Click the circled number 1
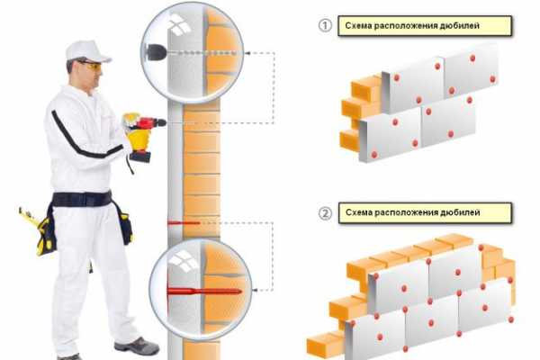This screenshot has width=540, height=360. coord(324,26)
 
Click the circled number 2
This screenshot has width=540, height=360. coord(325,213)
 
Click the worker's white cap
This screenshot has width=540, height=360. coord(87,51)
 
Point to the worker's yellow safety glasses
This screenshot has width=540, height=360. coord(90,65)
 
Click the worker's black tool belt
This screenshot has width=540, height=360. coord(82,199)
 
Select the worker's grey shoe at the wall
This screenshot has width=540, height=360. coord(137,345)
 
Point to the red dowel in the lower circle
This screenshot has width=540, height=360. coord(204,292)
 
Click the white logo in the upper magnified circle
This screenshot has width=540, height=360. coord(179,25)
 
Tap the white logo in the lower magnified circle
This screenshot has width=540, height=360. coord(183,261)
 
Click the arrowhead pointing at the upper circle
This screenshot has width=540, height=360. coord(247,53)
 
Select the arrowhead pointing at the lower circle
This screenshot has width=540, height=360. coord(256,290)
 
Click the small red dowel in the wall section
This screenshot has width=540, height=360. coord(184,223)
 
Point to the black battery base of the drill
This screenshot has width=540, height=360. coord(139,157)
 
